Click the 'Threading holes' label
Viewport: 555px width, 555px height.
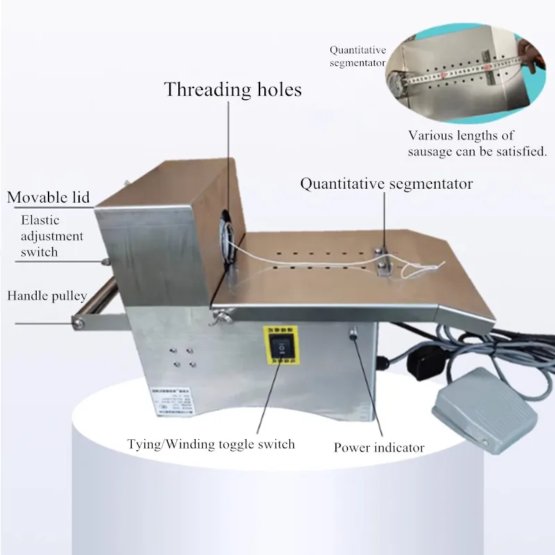coord(232,89)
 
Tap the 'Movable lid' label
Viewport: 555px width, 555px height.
coord(49,197)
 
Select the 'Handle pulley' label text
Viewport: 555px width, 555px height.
coord(47,296)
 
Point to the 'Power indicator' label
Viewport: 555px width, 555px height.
coord(379,447)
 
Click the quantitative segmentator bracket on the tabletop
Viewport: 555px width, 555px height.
coord(384,257)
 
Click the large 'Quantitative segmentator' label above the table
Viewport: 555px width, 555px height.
coord(386,184)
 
